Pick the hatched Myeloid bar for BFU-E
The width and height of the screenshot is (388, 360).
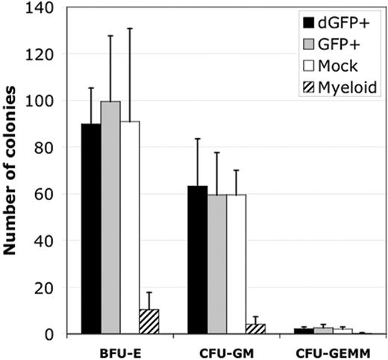[149, 322]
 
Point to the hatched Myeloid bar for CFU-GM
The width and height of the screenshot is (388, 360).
[256, 329]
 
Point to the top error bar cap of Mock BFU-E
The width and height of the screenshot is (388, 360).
[130, 28]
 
